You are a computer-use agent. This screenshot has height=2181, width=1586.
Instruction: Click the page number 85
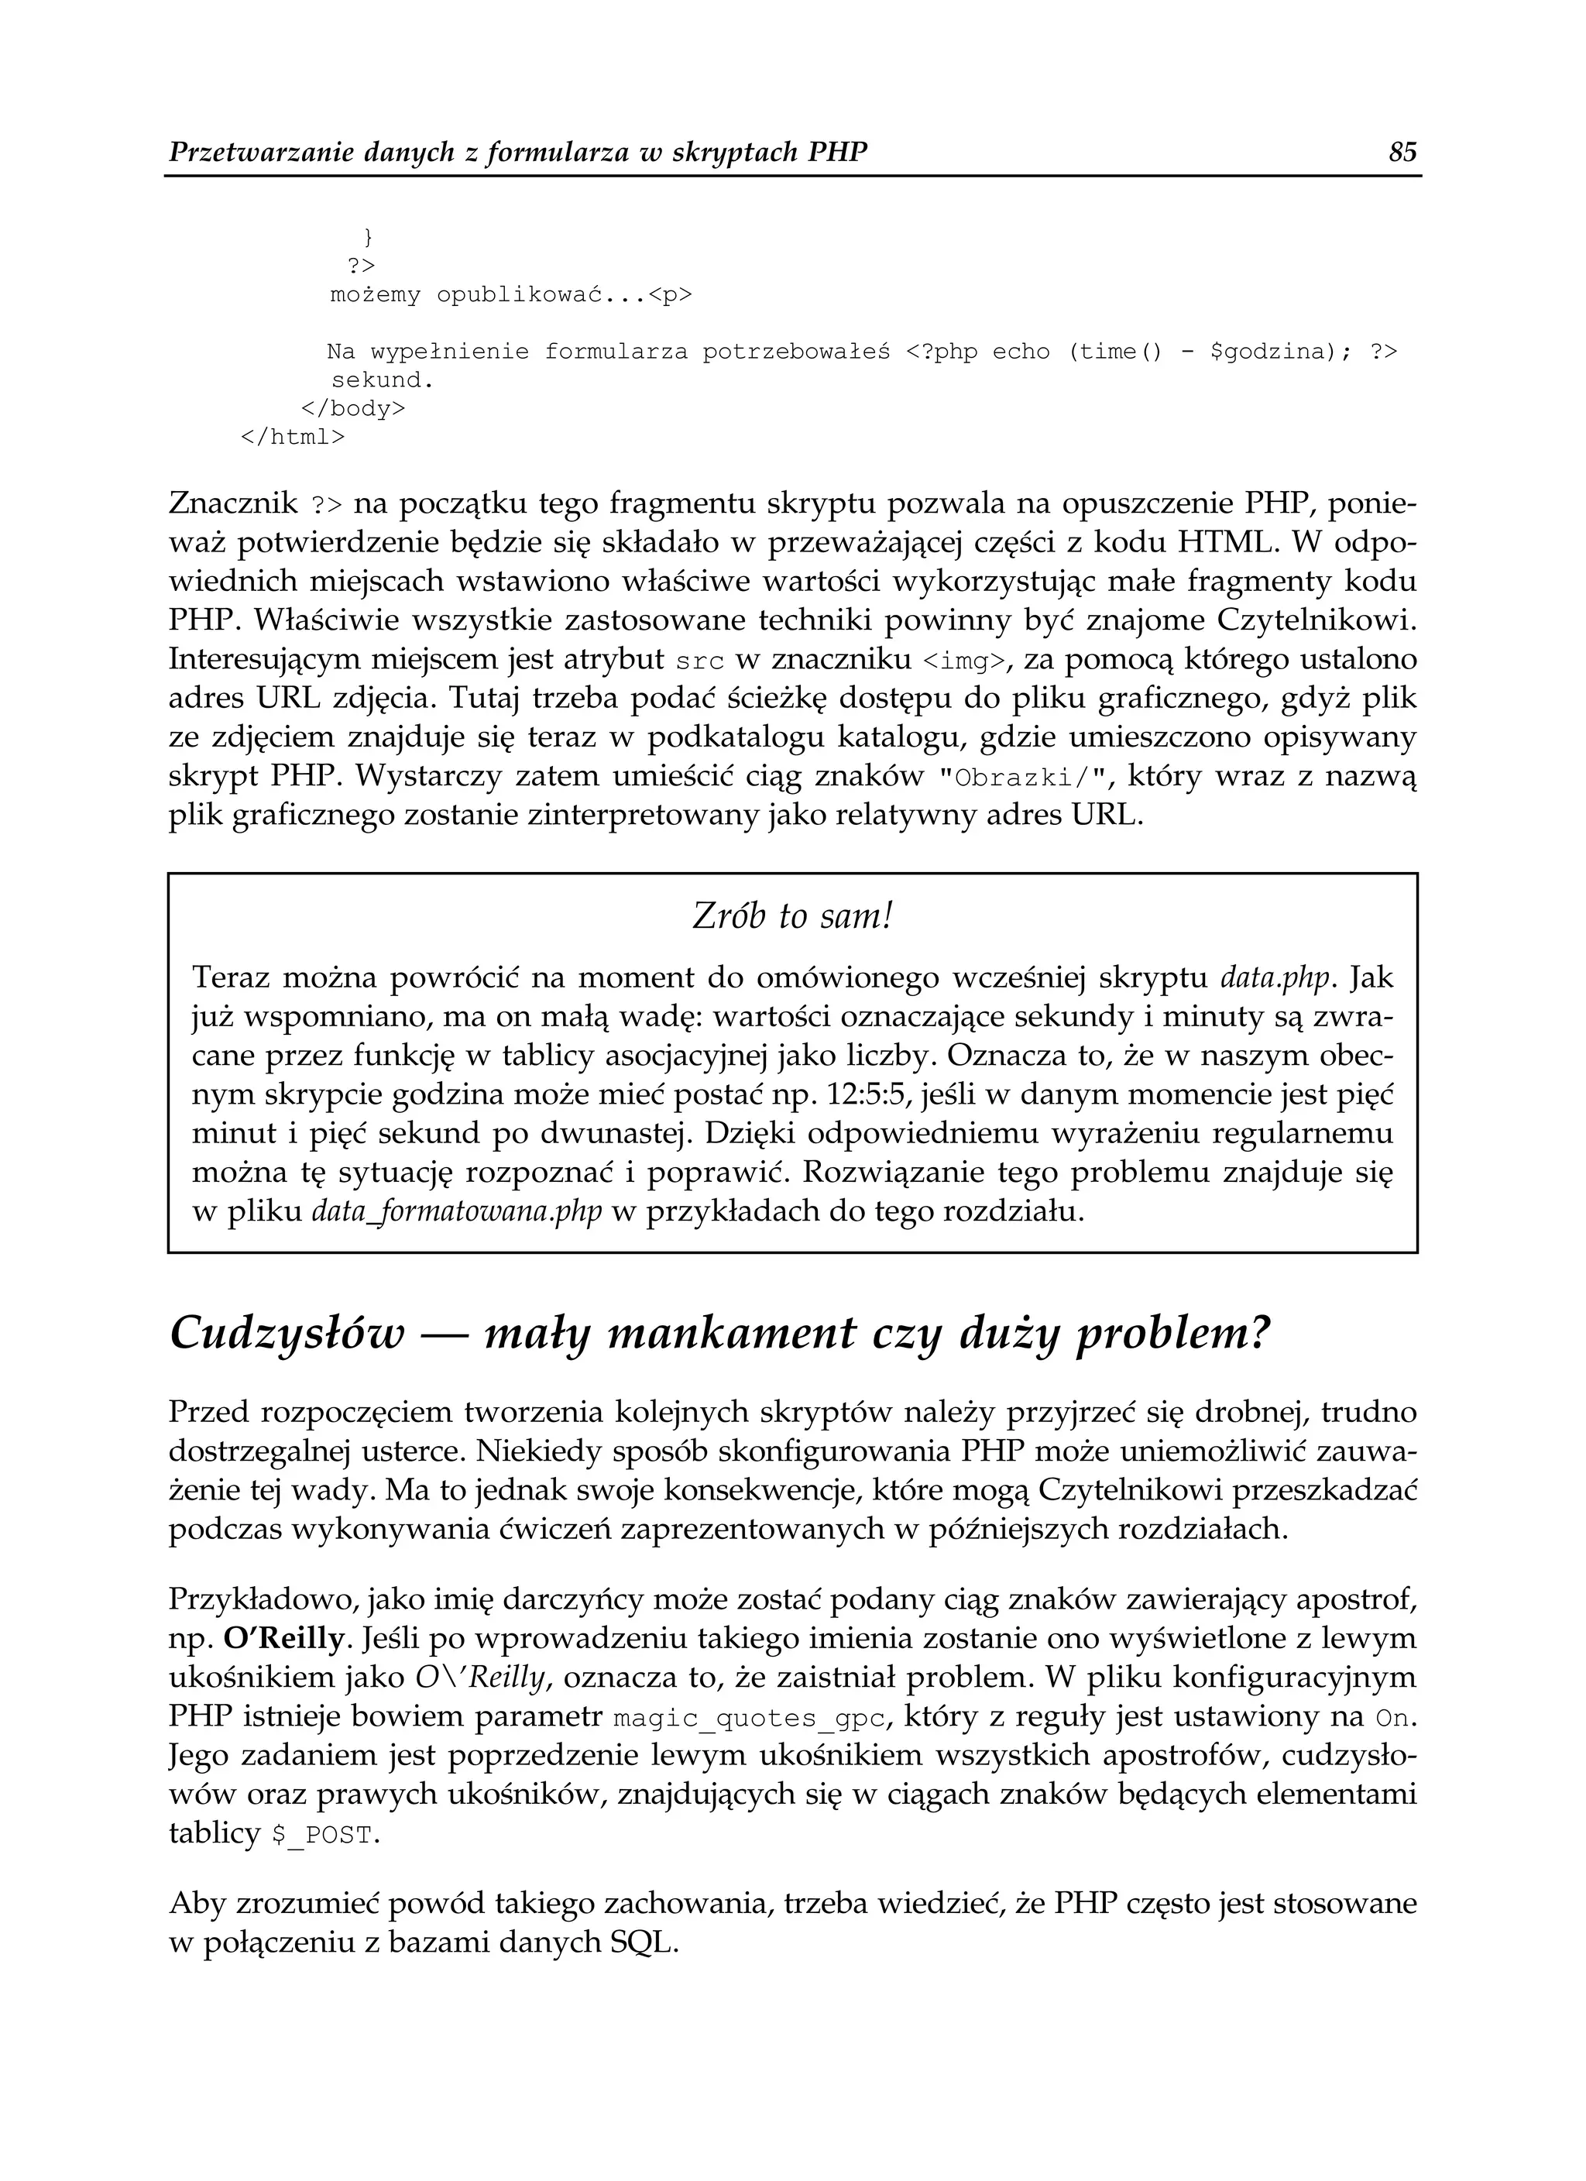[x=1403, y=152]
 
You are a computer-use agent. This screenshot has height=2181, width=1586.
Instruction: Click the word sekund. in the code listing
[x=383, y=381]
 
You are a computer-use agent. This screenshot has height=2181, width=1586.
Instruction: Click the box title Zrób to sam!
[x=792, y=916]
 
